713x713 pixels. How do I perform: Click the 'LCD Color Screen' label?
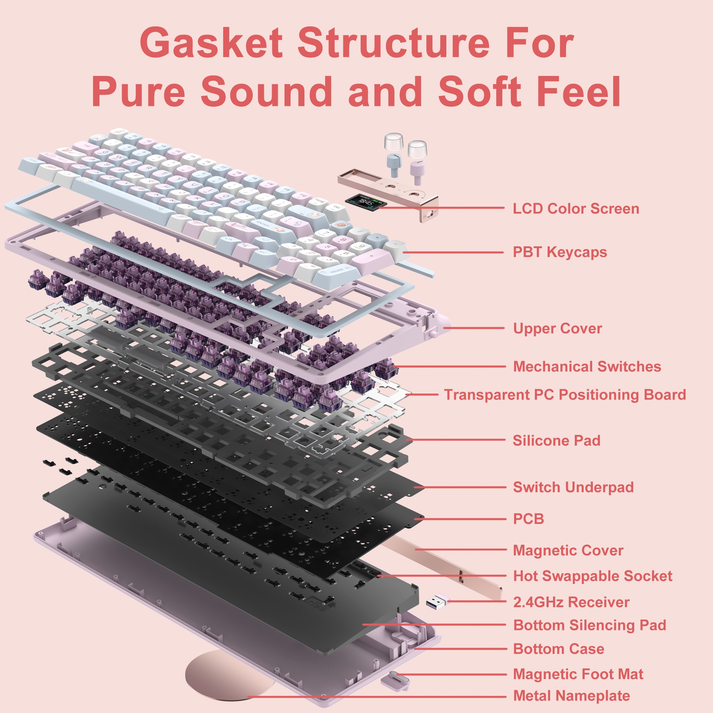click(576, 209)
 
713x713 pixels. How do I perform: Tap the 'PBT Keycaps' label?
click(559, 252)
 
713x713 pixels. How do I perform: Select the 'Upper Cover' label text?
click(557, 328)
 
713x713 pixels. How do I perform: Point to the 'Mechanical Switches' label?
click(587, 366)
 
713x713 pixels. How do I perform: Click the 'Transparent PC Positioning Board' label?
click(565, 395)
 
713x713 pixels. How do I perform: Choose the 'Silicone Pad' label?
click(556, 440)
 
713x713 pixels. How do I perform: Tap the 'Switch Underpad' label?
click(573, 487)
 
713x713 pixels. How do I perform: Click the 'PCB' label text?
click(528, 519)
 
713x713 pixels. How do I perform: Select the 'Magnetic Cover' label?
click(568, 550)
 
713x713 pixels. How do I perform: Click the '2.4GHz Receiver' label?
click(571, 602)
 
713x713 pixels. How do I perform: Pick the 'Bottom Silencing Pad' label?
click(589, 625)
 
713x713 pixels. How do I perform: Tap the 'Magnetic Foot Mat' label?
click(578, 674)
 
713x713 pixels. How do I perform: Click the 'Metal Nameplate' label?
click(571, 696)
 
